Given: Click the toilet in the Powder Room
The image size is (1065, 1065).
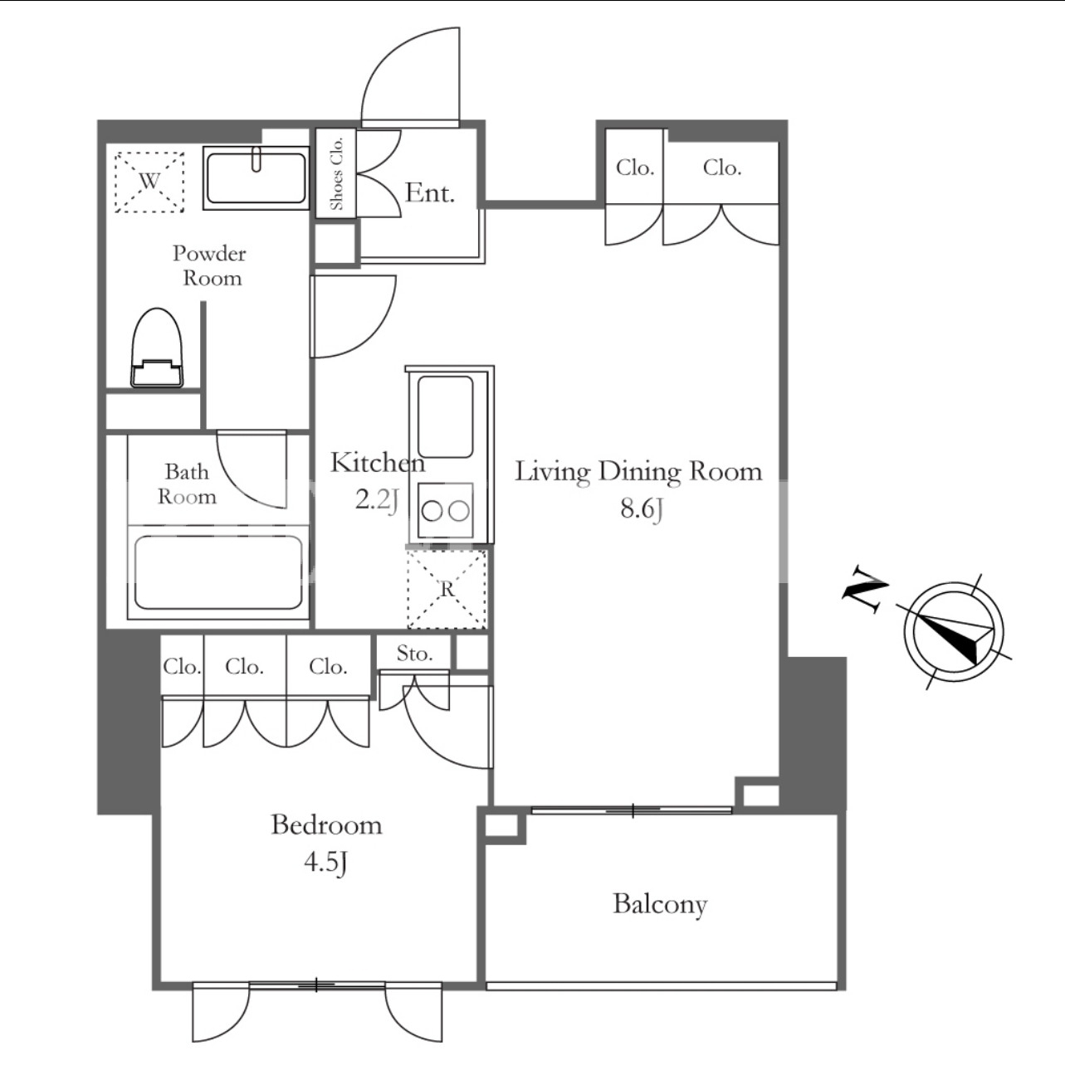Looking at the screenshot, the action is tap(157, 348).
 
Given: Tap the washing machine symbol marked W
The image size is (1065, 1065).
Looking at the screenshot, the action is tap(149, 182).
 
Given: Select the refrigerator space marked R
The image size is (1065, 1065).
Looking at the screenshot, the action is tap(447, 589).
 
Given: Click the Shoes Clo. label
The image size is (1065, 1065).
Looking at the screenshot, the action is tap(336, 173).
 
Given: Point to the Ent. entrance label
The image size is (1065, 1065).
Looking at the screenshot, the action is tap(430, 192).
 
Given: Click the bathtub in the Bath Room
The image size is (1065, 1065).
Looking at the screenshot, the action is tap(218, 572).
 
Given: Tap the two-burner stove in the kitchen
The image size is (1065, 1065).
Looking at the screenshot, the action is tap(446, 511).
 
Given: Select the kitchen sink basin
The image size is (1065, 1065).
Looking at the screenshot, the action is tap(446, 417).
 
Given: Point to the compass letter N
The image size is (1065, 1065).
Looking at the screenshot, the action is tap(865, 589).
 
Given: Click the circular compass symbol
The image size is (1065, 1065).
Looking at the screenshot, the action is tap(955, 632).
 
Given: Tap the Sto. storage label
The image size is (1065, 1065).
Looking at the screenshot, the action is tap(414, 654).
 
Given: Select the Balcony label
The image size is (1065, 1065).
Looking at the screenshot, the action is tap(660, 905).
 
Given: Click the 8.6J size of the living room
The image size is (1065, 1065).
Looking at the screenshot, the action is tap(642, 508).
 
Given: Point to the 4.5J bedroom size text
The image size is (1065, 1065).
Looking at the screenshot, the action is tap(326, 861).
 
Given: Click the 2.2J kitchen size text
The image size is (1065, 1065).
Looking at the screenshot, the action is tap(377, 500).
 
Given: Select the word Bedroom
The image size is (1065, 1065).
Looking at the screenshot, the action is tap(326, 824).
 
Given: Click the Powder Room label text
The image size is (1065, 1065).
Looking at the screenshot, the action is tap(210, 265).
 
